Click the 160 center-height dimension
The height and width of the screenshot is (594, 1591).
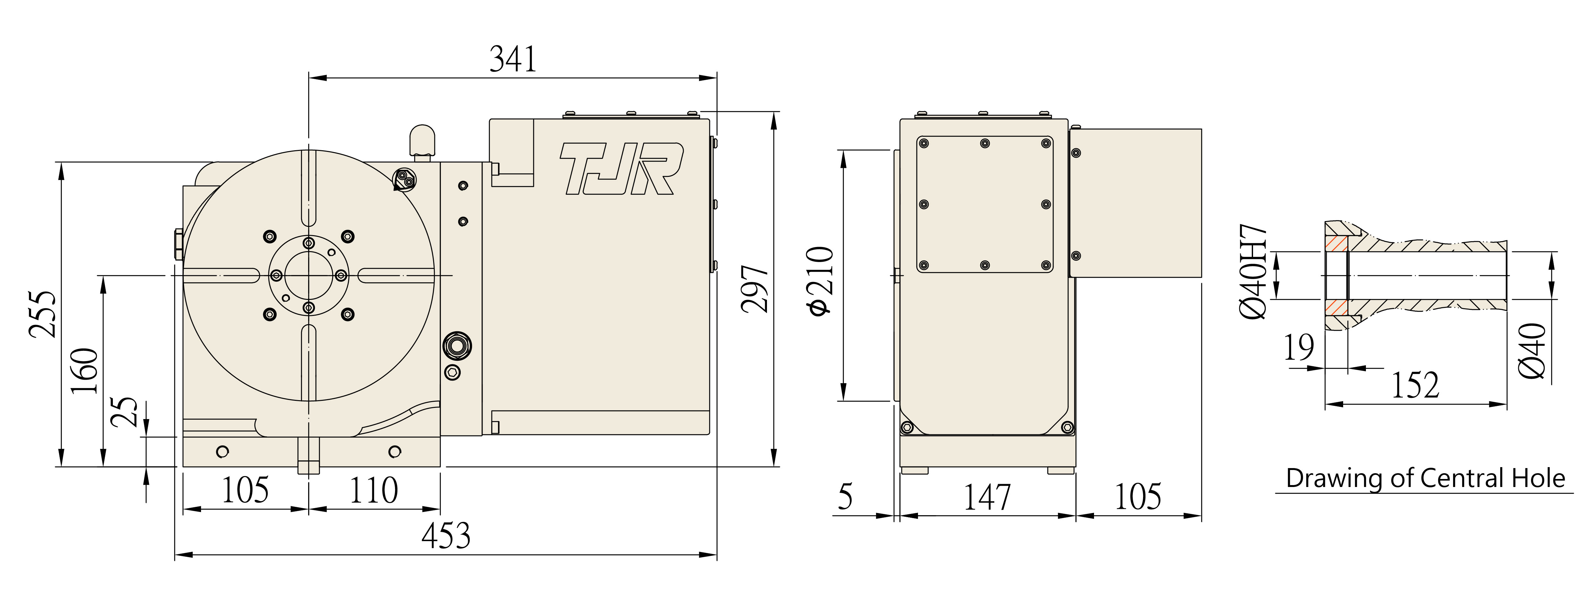pyautogui.click(x=85, y=370)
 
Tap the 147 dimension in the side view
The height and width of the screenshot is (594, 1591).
pyautogui.click(x=987, y=498)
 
